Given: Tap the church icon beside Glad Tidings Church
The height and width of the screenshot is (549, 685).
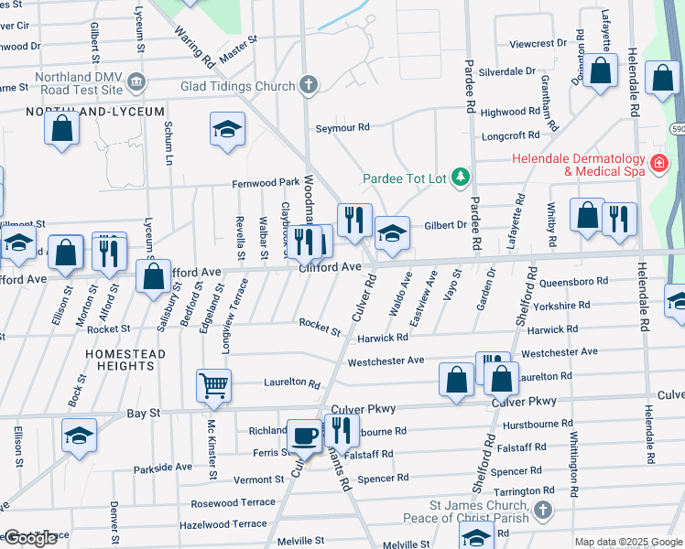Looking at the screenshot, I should coord(310,85).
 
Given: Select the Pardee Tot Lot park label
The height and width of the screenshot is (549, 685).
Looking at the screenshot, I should coord(404,177).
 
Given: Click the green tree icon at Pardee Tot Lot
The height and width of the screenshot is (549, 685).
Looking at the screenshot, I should coord(462,176).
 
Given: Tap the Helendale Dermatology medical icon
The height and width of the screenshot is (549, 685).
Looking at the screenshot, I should coord(657,164).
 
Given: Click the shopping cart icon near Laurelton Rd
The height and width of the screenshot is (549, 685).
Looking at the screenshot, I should coord(213,385).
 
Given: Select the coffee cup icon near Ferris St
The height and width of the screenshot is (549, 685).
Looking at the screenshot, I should coord(305,436).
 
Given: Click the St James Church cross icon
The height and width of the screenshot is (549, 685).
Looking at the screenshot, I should coord(543,511).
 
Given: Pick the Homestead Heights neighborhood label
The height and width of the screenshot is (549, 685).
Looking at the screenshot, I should coord(125,360).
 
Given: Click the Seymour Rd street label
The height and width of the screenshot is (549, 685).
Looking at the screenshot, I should coord(342,127).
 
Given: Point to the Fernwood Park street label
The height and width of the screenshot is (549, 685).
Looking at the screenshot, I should coord(266,183).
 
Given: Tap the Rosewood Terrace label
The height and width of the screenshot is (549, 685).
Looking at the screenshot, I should coord(233,503).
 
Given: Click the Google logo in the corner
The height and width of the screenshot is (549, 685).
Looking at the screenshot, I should coord(29,538).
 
